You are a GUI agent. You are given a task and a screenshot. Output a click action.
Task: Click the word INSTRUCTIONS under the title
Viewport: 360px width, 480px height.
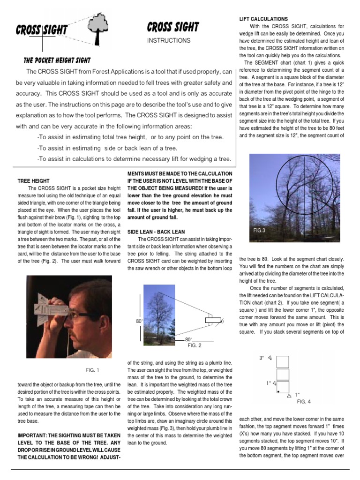point(169,41)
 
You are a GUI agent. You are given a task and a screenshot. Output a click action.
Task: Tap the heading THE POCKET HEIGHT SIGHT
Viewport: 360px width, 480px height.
point(57,60)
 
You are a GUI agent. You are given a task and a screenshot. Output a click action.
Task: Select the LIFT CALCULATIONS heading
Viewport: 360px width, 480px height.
point(263,18)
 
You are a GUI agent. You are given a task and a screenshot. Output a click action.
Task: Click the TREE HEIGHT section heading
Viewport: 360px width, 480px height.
point(34,180)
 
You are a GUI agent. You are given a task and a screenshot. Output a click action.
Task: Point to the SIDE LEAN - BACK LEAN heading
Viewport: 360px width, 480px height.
point(156,232)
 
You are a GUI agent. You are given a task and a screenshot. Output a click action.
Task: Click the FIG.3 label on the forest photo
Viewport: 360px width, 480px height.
point(260,230)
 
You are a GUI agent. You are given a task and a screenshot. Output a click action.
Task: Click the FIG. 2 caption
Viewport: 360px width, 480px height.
point(195,345)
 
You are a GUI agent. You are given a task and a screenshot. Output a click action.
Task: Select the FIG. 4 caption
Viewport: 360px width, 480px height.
point(304,402)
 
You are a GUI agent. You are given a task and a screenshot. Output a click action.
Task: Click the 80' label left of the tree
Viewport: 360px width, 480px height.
point(139,321)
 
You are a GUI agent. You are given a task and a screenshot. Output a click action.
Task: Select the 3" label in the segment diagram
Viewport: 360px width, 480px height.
point(262,358)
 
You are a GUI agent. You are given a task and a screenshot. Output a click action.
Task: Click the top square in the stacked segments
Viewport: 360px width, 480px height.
point(283,362)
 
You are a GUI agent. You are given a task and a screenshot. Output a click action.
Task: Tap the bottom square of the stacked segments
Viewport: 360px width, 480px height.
point(283,387)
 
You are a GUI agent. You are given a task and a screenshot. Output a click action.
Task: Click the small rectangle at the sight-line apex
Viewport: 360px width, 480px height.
point(213,321)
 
